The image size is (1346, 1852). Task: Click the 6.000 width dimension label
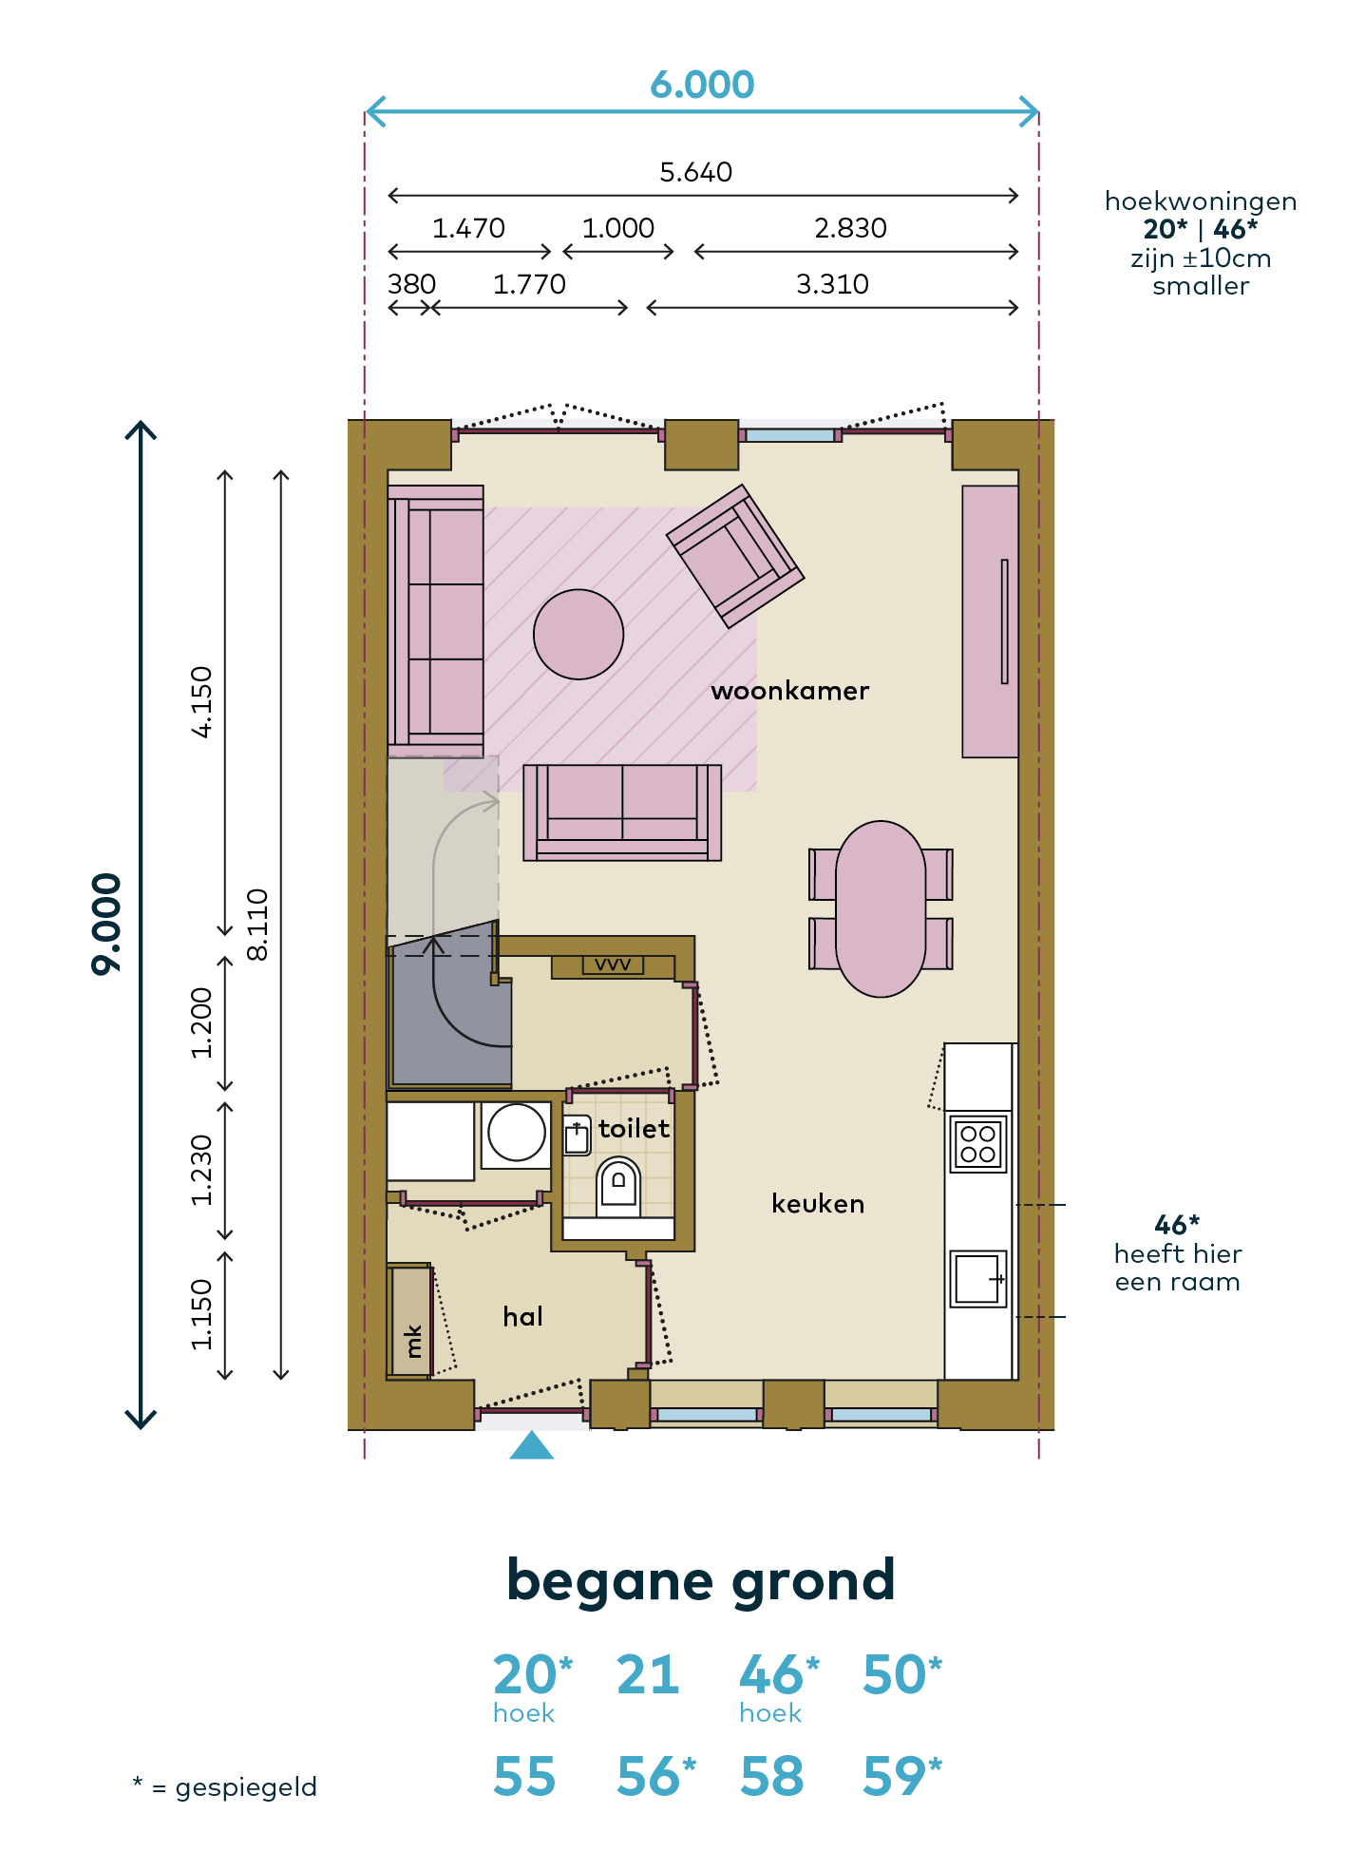[x=702, y=86]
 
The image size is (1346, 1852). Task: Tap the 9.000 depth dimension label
[x=106, y=924]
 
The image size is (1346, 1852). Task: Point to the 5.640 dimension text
[x=696, y=172]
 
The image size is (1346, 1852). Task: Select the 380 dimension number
[x=411, y=284]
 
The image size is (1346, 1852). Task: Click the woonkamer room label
[x=790, y=691]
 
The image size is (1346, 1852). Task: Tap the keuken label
[x=818, y=1204]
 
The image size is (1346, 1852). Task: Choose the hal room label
[x=523, y=1316]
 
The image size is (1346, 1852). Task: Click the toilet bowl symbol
[x=618, y=1186]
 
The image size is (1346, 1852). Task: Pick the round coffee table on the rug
[x=578, y=634]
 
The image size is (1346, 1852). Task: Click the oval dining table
[x=881, y=908]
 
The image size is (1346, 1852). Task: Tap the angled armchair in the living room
[x=735, y=557]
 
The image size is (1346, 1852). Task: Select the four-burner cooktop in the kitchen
[x=978, y=1143]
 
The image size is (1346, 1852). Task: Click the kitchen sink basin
[x=977, y=1278]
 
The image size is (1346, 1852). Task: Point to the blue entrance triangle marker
[x=532, y=1445]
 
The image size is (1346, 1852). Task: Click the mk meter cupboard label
[x=413, y=1341]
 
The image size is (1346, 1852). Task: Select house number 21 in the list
[x=648, y=1674]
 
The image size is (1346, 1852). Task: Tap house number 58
[x=771, y=1777]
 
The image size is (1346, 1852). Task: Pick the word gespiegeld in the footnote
[x=246, y=1788]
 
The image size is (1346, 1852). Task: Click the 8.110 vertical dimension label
[x=258, y=924]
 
